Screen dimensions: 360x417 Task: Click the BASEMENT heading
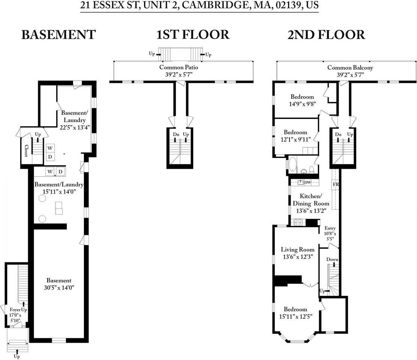pos(58,35)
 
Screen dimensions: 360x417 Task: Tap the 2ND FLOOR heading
pos(326,35)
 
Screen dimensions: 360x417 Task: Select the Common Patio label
pos(178,67)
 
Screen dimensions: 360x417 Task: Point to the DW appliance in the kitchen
pos(307,183)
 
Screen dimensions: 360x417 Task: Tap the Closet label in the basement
pos(26,151)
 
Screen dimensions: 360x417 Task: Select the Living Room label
pos(298,250)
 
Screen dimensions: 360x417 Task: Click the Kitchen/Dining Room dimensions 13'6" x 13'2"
pos(310,211)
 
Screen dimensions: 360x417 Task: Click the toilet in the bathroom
pos(311,169)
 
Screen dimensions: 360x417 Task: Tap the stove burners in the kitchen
pos(298,222)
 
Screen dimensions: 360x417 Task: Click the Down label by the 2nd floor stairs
pos(332,259)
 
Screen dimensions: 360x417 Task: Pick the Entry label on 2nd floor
pos(330,228)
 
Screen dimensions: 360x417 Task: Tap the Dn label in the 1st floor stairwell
pos(176,134)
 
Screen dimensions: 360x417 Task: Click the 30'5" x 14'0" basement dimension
pos(58,288)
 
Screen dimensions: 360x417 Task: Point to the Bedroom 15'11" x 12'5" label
pos(295,309)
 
